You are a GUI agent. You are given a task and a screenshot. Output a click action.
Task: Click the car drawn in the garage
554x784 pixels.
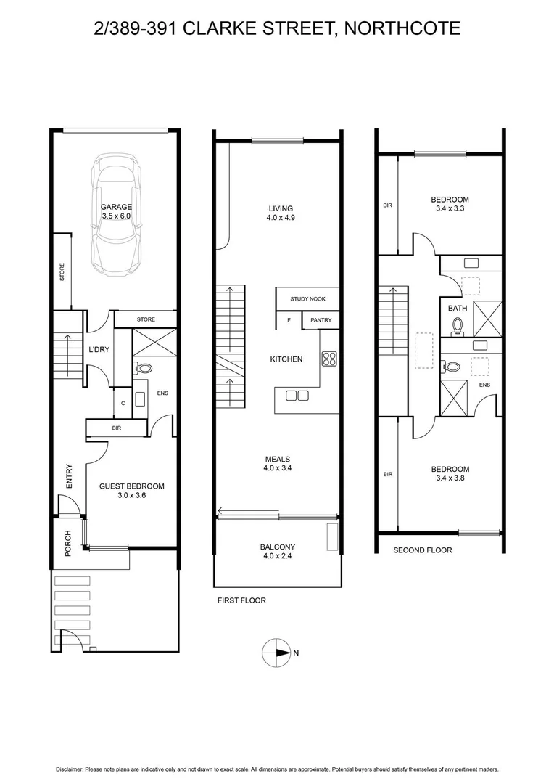116,218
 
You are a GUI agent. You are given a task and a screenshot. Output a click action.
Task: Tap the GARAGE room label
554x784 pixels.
116,207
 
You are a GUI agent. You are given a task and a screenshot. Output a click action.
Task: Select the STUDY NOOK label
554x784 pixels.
308,299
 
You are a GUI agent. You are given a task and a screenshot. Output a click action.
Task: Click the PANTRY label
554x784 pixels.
321,320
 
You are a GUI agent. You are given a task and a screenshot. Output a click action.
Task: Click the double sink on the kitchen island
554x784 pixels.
297,396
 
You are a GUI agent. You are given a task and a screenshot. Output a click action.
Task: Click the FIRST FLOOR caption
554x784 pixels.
241,600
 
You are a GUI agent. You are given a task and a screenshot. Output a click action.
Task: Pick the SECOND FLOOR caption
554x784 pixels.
422,550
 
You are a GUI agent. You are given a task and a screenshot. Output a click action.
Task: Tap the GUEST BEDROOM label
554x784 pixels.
131,486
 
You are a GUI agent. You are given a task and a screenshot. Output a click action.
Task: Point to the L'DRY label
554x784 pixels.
99,350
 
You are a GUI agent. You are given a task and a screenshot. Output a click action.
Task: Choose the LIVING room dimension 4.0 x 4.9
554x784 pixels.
278,217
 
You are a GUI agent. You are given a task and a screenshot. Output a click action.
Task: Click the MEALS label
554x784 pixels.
278,459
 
